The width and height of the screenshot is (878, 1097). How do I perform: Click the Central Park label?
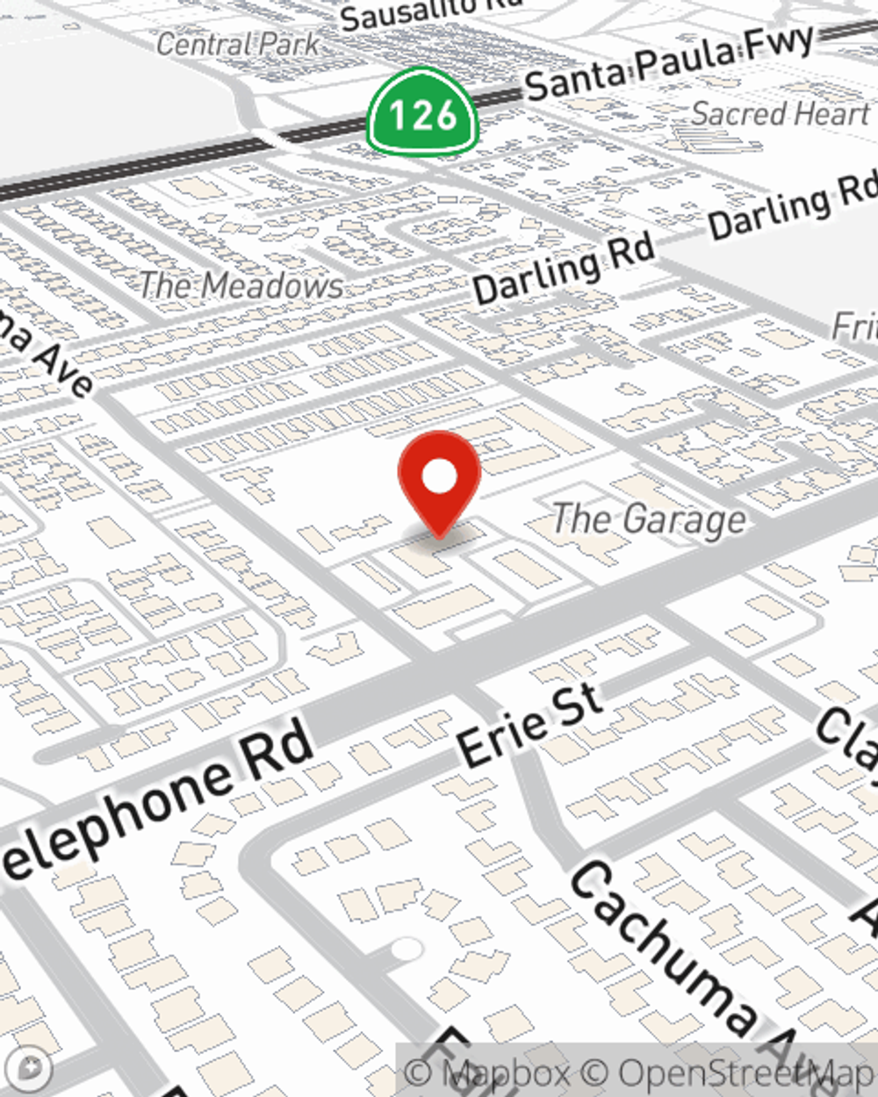point(238,44)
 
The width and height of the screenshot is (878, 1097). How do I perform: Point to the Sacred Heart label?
point(780,113)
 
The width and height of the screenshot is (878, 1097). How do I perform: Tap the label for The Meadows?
point(241,285)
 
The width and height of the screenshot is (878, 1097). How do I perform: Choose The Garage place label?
point(650,519)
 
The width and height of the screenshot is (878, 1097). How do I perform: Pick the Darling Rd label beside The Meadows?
point(564,268)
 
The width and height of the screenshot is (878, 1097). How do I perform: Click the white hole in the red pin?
point(439,477)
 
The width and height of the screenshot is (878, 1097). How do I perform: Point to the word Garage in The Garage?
point(686,520)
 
